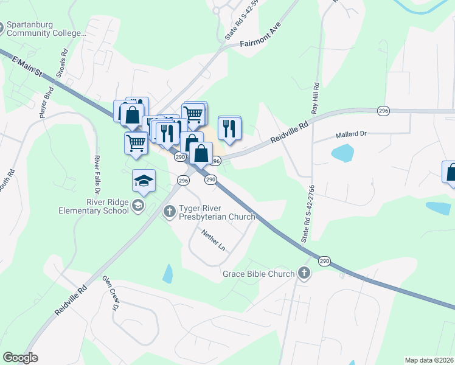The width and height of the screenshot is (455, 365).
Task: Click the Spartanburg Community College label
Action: [46, 29]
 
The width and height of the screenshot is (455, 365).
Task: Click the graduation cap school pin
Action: [144, 181]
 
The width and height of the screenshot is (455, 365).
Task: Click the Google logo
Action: [20, 358]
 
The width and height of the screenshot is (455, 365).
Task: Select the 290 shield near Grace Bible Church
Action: [324, 261]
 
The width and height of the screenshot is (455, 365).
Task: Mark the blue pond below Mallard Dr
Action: [342, 153]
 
